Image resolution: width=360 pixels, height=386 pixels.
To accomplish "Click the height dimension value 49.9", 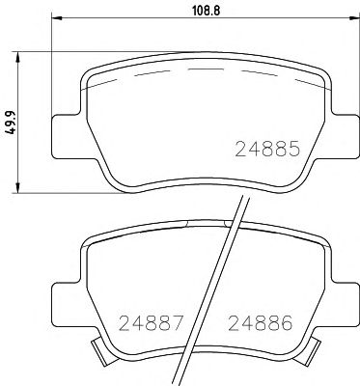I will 10,120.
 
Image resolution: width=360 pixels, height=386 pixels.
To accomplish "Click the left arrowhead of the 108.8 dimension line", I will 56,19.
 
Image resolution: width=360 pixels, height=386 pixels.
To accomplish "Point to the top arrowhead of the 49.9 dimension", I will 21,55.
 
